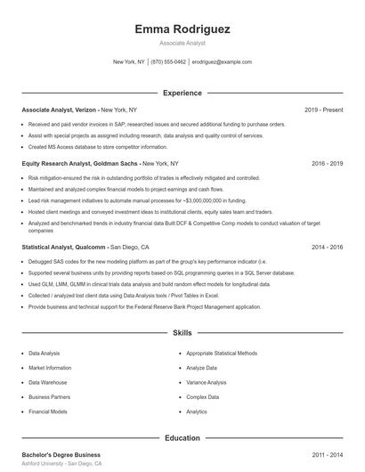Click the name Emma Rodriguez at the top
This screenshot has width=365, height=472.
pyautogui.click(x=182, y=29)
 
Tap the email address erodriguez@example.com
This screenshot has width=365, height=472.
pyautogui.click(x=222, y=62)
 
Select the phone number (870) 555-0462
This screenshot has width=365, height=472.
pyautogui.click(x=168, y=62)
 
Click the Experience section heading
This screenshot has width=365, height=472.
pyautogui.click(x=182, y=93)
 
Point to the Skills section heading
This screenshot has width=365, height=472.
pyautogui.click(x=182, y=333)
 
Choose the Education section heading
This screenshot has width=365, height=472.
pyautogui.click(x=182, y=437)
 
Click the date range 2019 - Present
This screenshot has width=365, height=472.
pyautogui.click(x=323, y=110)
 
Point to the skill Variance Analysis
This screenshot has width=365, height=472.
pyautogui.click(x=207, y=382)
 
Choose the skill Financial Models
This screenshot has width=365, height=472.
pyautogui.click(x=48, y=412)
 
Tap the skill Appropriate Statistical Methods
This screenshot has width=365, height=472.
pyautogui.click(x=222, y=353)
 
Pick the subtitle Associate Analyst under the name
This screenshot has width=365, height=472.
pyautogui.click(x=182, y=43)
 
